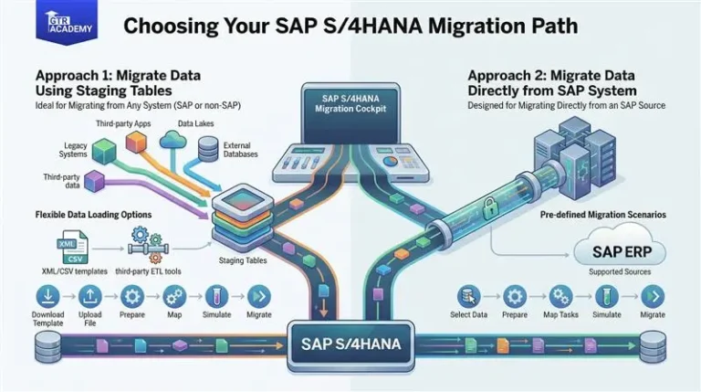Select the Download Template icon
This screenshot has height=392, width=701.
pyautogui.click(x=48, y=295)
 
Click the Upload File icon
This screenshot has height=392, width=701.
pyautogui.click(x=90, y=295)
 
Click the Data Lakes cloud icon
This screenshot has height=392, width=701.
pyautogui.click(x=172, y=139)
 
